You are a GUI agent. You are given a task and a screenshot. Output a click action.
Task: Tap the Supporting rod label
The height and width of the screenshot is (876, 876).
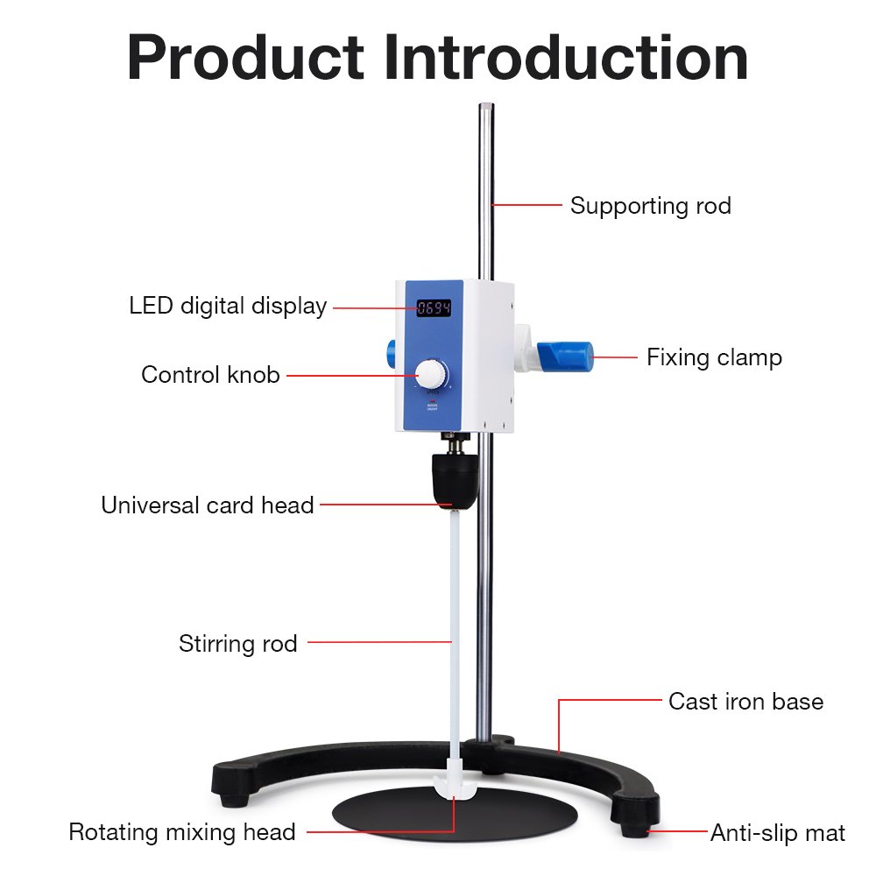pyautogui.click(x=650, y=206)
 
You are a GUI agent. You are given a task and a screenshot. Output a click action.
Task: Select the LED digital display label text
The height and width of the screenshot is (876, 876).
pyautogui.click(x=228, y=306)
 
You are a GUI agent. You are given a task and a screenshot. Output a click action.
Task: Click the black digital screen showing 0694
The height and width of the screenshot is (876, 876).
pyautogui.click(x=434, y=307)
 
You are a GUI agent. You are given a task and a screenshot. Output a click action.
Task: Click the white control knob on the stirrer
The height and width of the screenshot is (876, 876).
pyautogui.click(x=432, y=375)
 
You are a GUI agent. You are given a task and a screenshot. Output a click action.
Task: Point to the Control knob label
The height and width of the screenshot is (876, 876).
pyautogui.click(x=210, y=375)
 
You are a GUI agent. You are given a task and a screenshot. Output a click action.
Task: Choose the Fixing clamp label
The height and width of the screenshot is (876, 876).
pyautogui.click(x=714, y=357)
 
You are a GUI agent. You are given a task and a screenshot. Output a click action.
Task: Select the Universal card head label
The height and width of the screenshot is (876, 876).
pyautogui.click(x=208, y=505)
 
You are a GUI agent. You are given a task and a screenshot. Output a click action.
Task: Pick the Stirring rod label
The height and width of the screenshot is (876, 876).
pyautogui.click(x=238, y=644)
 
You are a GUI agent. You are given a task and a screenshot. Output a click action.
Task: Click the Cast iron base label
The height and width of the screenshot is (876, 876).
pyautogui.click(x=745, y=702)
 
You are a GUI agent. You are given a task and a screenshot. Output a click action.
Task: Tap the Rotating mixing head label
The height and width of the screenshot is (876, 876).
pyautogui.click(x=182, y=831)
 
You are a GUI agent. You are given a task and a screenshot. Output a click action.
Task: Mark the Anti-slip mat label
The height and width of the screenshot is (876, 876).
pyautogui.click(x=777, y=833)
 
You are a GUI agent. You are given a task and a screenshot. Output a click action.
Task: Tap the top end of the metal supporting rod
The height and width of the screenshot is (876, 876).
pyautogui.click(x=485, y=109)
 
